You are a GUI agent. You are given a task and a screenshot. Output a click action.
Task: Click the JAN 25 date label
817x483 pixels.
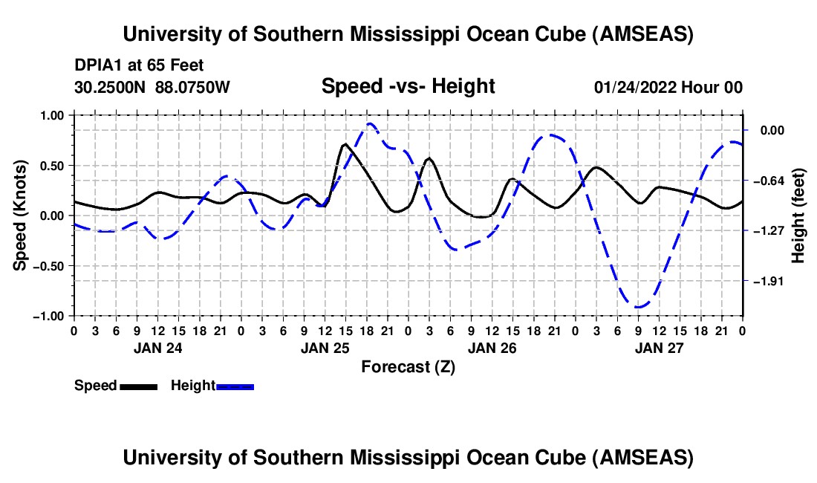point(325,348)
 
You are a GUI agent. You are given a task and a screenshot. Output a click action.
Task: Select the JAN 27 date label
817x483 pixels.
point(659,348)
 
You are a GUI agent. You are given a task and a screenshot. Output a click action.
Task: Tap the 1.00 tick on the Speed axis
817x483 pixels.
point(51,115)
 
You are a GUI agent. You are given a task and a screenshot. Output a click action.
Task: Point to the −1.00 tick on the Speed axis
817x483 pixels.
point(48,317)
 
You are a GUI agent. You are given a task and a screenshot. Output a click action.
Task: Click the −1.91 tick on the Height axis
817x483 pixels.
point(769,282)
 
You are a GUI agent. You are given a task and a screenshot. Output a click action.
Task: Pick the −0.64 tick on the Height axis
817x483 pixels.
point(769,181)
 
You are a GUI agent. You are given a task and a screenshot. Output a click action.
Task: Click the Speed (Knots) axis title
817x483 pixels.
point(19,215)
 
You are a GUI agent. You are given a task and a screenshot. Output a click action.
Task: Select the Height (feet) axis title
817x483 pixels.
point(798,215)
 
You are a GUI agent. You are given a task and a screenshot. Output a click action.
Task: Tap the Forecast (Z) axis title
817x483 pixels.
point(408,367)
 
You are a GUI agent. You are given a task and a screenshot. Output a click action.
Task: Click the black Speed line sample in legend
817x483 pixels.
point(139,386)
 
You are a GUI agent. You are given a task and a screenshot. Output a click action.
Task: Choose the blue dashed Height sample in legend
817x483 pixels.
point(235,386)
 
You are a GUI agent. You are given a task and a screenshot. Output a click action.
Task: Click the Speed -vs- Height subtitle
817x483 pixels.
point(408,86)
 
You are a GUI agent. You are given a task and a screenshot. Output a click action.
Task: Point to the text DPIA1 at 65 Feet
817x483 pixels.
point(139,65)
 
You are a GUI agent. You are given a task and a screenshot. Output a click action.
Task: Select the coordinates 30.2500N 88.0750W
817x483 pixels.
point(152,87)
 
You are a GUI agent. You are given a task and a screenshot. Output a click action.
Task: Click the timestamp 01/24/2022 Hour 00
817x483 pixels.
point(668,87)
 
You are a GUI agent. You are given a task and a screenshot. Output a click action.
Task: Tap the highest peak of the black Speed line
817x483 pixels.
point(345,144)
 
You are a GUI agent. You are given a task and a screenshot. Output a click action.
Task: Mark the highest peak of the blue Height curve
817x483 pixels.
point(369,123)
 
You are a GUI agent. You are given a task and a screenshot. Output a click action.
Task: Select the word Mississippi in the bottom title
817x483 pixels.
point(405,458)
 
